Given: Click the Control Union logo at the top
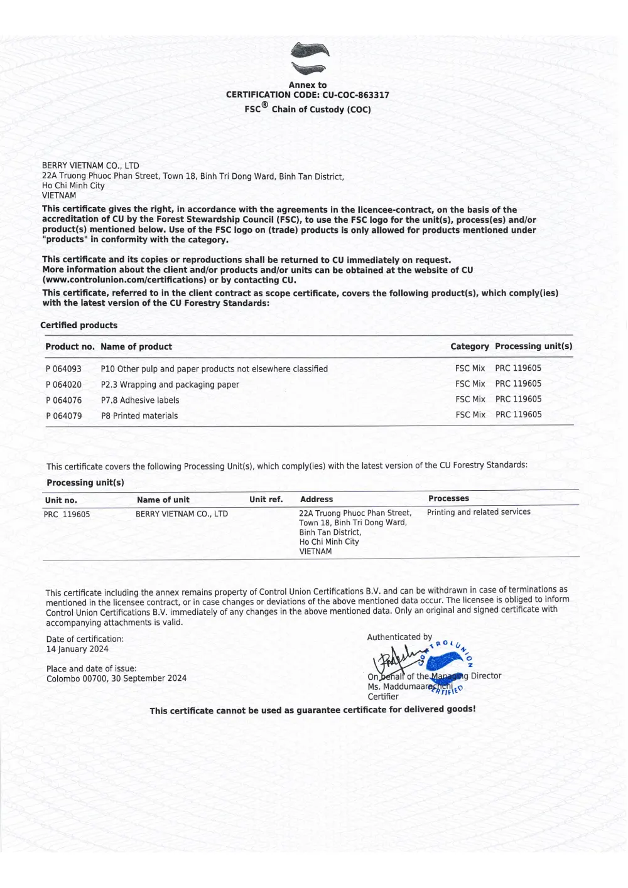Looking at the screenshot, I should coord(310,59).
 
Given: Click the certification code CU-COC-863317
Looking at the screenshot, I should coord(355,95).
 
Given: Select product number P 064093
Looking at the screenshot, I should coord(63,369).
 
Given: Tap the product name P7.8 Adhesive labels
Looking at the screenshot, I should coord(140,400).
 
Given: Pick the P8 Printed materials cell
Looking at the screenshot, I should coord(139,416).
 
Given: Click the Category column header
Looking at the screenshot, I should coord(469,346).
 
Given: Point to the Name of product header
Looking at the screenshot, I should coord(136,346).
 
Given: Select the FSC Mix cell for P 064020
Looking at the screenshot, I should coord(470,384).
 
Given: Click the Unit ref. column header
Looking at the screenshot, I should coord(266,500).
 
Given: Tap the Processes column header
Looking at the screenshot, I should coord(448,498).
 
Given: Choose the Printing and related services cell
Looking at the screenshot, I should coord(479,512).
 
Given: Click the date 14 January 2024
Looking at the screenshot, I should coord(77,650).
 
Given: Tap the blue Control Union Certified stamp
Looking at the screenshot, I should coord(450,666).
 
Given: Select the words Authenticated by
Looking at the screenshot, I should coord(399,637).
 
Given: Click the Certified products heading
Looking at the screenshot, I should coord(78,325).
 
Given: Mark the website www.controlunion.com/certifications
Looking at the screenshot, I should coord(124,280).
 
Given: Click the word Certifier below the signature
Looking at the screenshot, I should coord(383,697).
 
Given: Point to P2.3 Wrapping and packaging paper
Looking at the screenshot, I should coord(170,385).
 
